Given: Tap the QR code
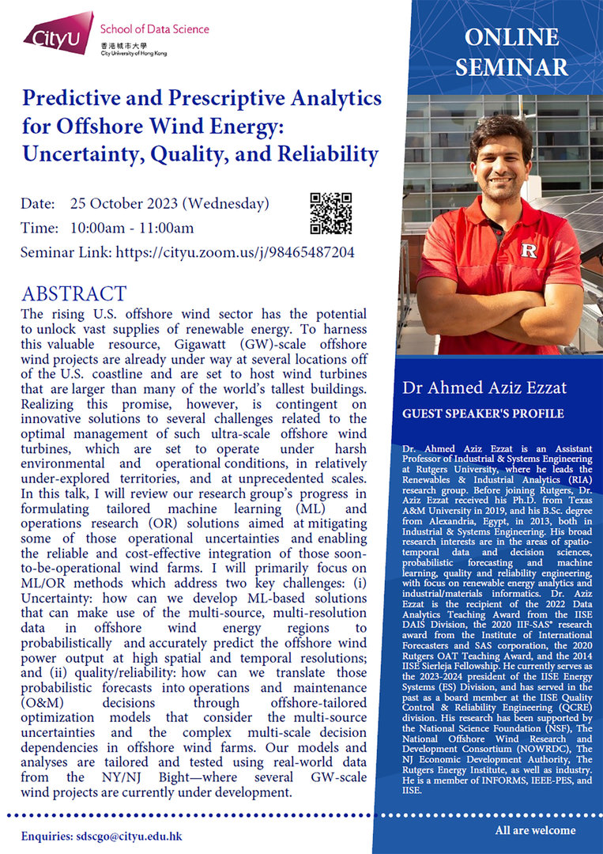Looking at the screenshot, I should [x=330, y=213].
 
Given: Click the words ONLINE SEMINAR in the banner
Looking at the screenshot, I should [x=511, y=51].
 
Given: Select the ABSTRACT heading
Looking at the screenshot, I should [x=73, y=294].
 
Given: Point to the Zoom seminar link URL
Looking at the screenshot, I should [x=235, y=253].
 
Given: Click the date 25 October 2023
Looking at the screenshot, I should [x=124, y=203].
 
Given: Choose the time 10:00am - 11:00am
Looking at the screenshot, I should [x=132, y=229].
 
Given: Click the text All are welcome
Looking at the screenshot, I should [x=535, y=830].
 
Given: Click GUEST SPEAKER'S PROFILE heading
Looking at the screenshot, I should [x=483, y=414].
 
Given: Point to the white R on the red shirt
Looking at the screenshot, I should [x=529, y=251].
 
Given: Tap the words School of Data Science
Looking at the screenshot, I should [x=154, y=29].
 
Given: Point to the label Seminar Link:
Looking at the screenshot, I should [x=67, y=253].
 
